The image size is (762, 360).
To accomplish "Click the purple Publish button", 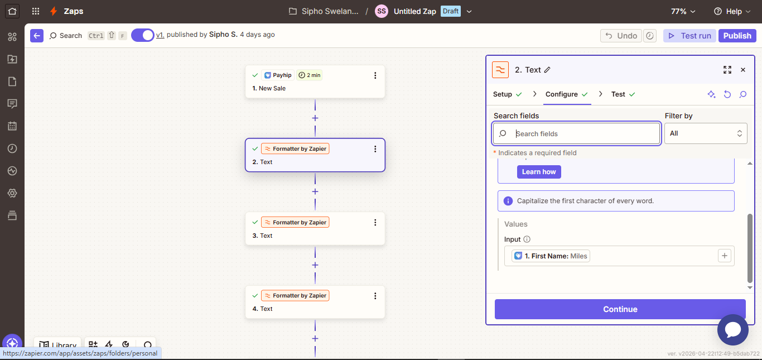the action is click(x=737, y=36).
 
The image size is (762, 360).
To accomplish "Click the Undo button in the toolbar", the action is click(x=621, y=36).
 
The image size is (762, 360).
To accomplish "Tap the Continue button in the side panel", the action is click(x=620, y=309).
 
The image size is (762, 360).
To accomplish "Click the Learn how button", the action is click(x=539, y=172).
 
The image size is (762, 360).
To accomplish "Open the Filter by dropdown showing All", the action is click(x=706, y=133).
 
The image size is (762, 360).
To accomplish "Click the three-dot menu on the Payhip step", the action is click(x=375, y=75).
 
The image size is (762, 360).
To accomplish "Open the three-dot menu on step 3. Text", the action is click(x=375, y=222).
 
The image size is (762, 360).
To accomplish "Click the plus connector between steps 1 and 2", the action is click(x=315, y=118).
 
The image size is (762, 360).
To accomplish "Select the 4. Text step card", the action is click(x=315, y=302).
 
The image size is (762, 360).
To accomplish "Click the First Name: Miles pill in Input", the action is click(x=551, y=256).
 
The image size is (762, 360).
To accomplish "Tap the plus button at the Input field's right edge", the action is click(x=724, y=256).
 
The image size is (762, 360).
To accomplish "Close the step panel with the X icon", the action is click(x=743, y=70).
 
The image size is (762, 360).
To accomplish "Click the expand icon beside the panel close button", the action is click(x=727, y=70).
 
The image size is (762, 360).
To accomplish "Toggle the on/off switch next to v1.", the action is click(x=143, y=35).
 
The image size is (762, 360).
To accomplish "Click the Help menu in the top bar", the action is click(x=732, y=11).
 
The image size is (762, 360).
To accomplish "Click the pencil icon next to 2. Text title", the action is click(x=547, y=70).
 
